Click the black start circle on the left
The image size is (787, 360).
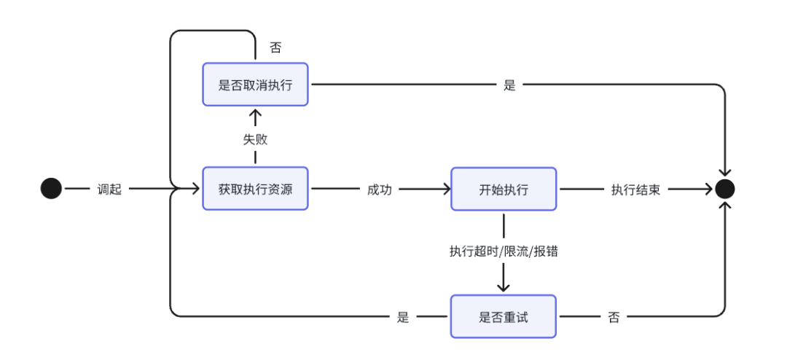pos(51,189)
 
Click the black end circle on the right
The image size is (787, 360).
pos(724,189)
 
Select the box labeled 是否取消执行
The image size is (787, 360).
pos(255,85)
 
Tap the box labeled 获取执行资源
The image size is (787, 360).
pos(255,189)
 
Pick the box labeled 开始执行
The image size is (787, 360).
pos(504,189)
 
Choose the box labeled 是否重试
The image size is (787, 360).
pos(504,316)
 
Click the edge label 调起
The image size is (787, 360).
pos(109,189)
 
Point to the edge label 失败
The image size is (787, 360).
pos(255,139)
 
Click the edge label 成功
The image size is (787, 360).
pos(379,189)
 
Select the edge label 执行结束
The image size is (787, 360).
pos(635,189)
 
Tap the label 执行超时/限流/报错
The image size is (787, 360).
pos(504,251)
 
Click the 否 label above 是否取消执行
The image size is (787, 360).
pos(275,48)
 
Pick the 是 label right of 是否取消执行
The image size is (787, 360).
pos(509,85)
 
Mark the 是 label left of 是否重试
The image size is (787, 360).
pos(403,316)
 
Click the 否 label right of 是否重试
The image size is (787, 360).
pos(613,316)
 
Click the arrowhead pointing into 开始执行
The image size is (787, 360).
pos(445,189)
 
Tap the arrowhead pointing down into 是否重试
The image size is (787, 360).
pos(504,288)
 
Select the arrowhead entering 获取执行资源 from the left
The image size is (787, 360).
pos(195,189)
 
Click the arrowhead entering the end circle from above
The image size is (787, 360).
pos(724,172)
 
